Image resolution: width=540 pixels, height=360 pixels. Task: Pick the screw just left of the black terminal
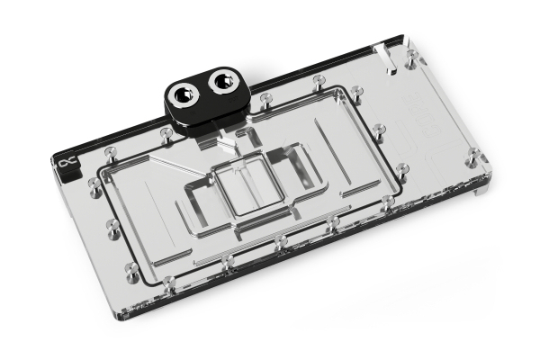click(x=166, y=135)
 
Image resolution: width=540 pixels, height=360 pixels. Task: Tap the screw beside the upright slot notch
click(x=410, y=59)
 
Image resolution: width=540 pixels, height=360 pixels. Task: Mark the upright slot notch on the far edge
click(x=386, y=59)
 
